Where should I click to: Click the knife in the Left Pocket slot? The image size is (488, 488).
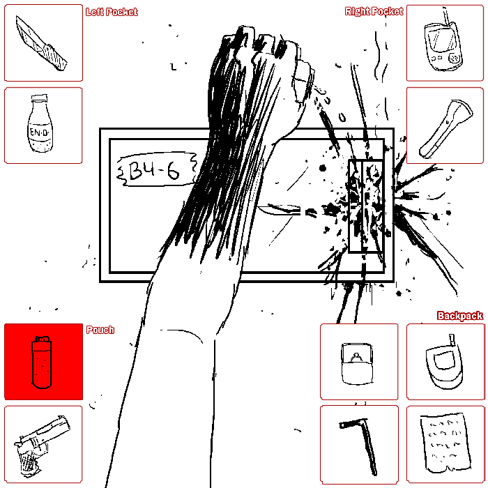tap(41, 43)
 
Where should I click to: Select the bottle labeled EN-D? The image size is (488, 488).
tap(40, 124)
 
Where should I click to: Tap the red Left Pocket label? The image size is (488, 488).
tap(112, 12)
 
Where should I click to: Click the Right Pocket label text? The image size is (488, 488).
tap(374, 12)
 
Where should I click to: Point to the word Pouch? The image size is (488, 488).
tap(100, 330)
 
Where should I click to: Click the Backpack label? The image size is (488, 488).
tap(460, 316)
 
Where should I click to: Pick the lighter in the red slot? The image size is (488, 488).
tap(42, 363)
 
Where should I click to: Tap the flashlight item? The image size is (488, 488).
tap(445, 128)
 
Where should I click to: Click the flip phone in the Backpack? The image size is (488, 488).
tap(444, 363)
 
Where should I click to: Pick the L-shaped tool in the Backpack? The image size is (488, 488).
tap(361, 445)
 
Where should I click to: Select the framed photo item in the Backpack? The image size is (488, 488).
tap(357, 364)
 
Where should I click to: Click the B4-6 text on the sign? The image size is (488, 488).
tap(154, 171)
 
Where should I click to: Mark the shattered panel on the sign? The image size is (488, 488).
tap(366, 206)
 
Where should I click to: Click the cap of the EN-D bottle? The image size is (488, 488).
tap(40, 99)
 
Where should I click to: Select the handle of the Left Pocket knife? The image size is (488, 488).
tap(55, 58)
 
